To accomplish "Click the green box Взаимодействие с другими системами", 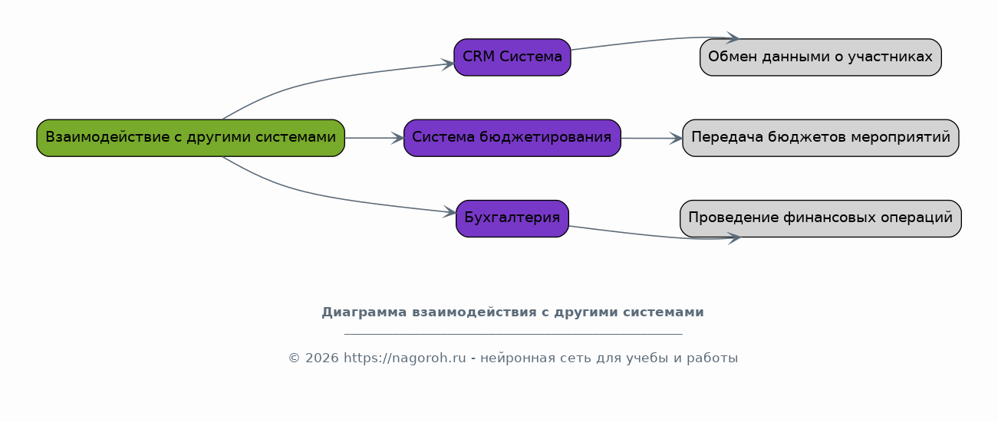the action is pyautogui.click(x=191, y=138).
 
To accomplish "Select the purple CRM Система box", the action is pyautogui.click(x=512, y=57).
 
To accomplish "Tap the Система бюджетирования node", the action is pyautogui.click(x=512, y=138).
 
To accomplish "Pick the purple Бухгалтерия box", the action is pyautogui.click(x=512, y=218).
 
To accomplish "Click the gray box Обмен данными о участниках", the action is pyautogui.click(x=821, y=57).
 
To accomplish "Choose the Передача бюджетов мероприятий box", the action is pyautogui.click(x=821, y=138).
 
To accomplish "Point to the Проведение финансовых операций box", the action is pyautogui.click(x=821, y=218).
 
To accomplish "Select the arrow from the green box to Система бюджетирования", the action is pyautogui.click(x=374, y=138).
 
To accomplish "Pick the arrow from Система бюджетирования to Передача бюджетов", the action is pyautogui.click(x=652, y=139).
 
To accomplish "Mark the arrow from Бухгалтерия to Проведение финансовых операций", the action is pyautogui.click(x=655, y=235).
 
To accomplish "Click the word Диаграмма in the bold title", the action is pyautogui.click(x=364, y=312).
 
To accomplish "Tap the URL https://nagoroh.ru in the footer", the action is pyautogui.click(x=404, y=358).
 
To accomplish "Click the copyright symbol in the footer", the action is pyautogui.click(x=294, y=358).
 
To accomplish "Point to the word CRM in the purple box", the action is pyautogui.click(x=479, y=57).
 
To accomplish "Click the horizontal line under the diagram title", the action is pyautogui.click(x=513, y=333).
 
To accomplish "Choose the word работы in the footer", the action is pyautogui.click(x=712, y=358).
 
